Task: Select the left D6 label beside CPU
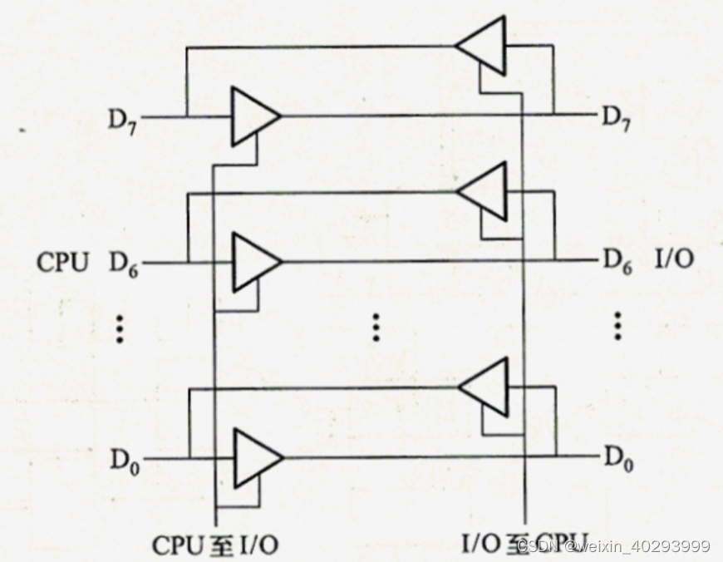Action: pos(124,264)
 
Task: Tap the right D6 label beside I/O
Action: pos(616,264)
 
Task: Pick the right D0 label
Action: pos(616,459)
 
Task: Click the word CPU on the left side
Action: pos(62,263)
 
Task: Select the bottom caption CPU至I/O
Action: pos(214,545)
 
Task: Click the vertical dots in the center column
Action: pos(376,328)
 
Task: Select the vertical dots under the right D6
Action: pos(617,326)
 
